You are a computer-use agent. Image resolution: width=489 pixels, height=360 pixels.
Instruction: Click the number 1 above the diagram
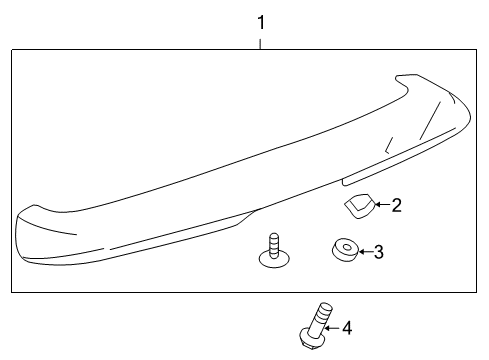coord(261,20)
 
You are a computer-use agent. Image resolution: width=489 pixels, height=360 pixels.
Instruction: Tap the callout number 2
coord(396,206)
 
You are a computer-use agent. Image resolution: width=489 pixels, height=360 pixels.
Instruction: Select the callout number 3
coord(378,252)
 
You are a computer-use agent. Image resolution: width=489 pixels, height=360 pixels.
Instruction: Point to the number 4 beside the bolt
coord(346,327)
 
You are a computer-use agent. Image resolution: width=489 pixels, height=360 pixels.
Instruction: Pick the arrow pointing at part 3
coord(363,252)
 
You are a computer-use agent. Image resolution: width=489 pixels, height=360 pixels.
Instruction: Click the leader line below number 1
coord(261,41)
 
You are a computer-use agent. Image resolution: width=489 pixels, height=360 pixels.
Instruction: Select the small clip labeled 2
coord(357,208)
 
